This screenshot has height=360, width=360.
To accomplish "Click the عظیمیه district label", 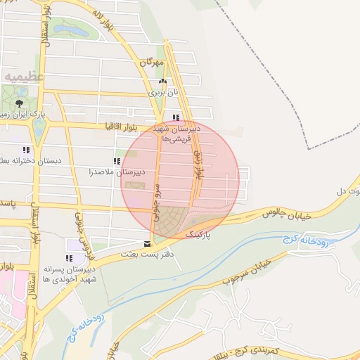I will pyautogui.click(x=23, y=75).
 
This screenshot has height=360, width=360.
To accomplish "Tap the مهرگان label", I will pyautogui.click(x=151, y=63).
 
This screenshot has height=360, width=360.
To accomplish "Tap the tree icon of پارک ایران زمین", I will pyautogui.click(x=18, y=102).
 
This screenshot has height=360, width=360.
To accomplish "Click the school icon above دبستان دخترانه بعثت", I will pyautogui.click(x=26, y=150).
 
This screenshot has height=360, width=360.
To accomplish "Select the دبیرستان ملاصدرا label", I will pyautogui.click(x=117, y=172).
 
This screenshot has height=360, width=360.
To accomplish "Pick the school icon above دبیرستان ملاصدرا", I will pyautogui.click(x=117, y=161).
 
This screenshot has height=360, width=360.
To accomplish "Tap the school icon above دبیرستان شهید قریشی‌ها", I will pyautogui.click(x=176, y=118).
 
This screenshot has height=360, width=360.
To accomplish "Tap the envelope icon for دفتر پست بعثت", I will pyautogui.click(x=147, y=243).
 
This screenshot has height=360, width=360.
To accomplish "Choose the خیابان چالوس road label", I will pyautogui.click(x=287, y=212).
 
